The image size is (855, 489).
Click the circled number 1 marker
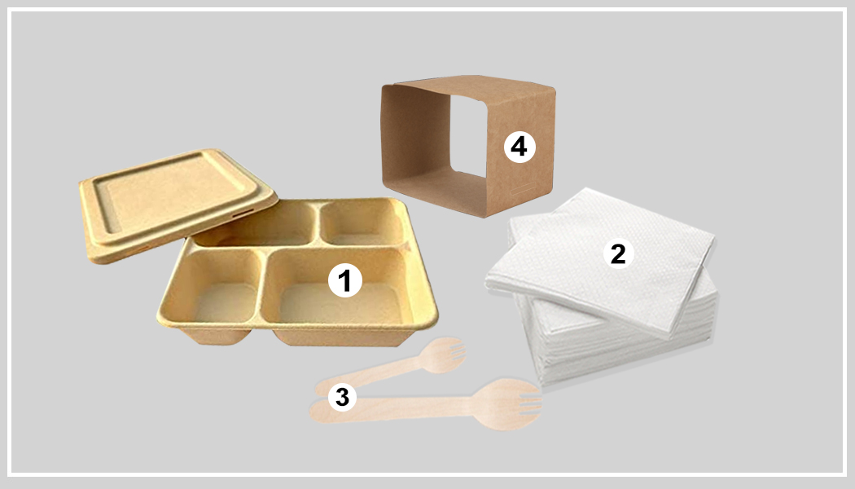[x=344, y=282]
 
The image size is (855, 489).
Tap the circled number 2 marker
[x=617, y=254]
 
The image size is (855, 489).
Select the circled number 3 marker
[x=342, y=398]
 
